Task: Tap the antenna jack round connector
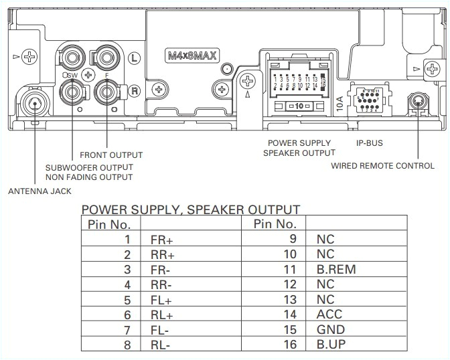coord(33,103)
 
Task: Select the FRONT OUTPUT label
coord(111,155)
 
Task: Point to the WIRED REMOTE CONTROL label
coord(382,165)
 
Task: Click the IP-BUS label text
coord(370,143)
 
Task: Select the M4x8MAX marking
coord(192,56)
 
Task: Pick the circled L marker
coord(134,58)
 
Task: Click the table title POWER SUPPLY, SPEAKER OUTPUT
coord(190,210)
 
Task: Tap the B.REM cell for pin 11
coord(335,270)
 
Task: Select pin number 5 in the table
coord(127,300)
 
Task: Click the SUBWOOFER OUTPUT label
coord(89,167)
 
